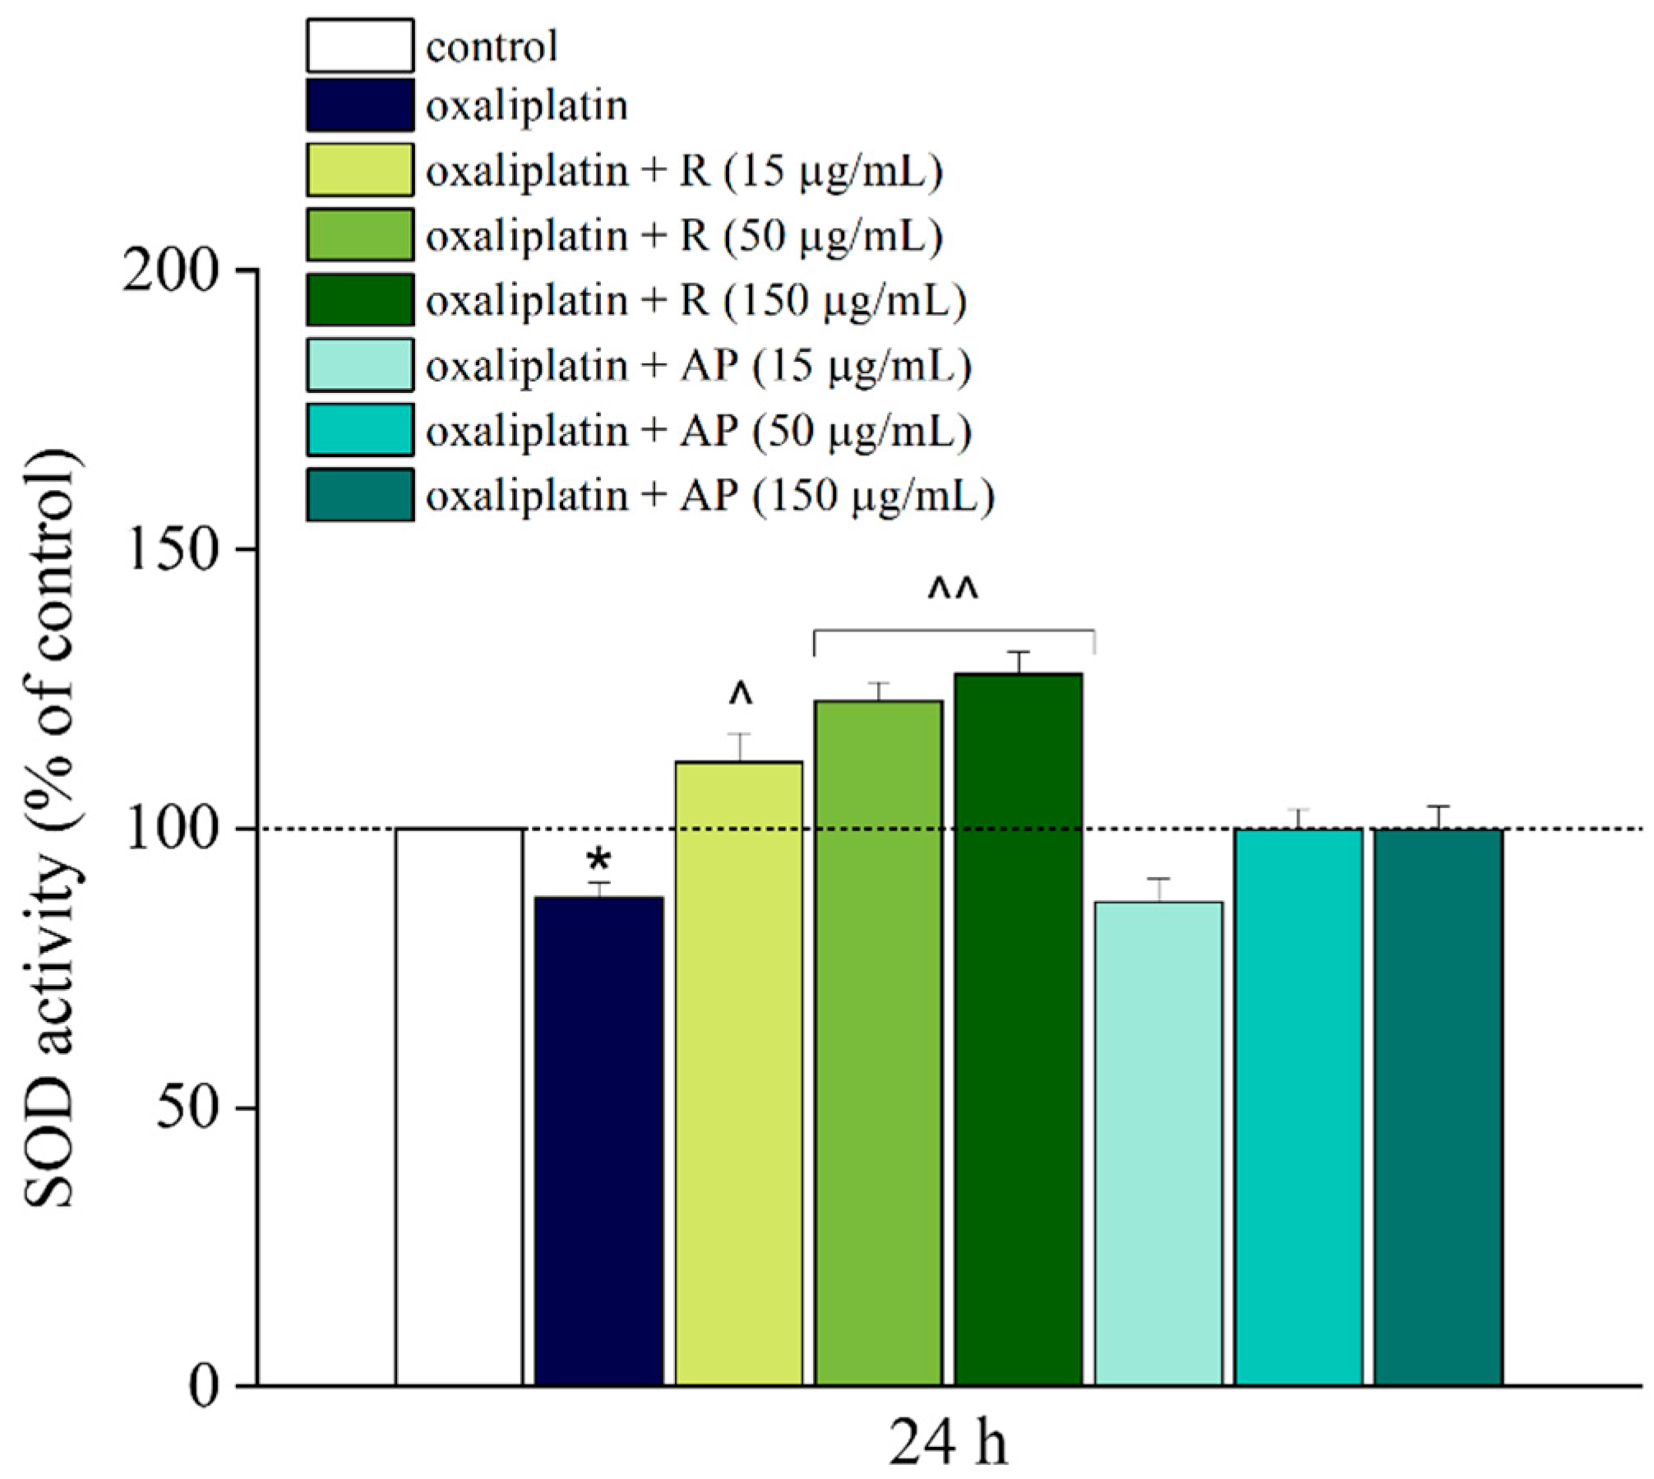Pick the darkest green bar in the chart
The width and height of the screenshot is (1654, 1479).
(x=1018, y=1028)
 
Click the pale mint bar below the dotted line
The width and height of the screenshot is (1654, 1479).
(x=1158, y=1143)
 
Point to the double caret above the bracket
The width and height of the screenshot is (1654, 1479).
(x=953, y=591)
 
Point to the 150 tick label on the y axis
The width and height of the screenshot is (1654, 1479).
(x=171, y=549)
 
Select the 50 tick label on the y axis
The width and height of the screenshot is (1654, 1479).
(x=187, y=1107)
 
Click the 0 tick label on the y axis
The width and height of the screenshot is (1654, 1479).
(x=205, y=1388)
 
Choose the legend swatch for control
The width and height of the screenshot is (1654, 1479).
(x=360, y=46)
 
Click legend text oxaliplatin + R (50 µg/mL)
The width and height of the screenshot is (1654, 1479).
(x=683, y=237)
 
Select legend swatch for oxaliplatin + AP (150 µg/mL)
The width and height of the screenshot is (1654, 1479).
(x=360, y=496)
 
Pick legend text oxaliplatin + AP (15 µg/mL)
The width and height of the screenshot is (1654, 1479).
(x=698, y=366)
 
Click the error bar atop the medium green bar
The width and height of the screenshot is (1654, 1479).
(x=879, y=691)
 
